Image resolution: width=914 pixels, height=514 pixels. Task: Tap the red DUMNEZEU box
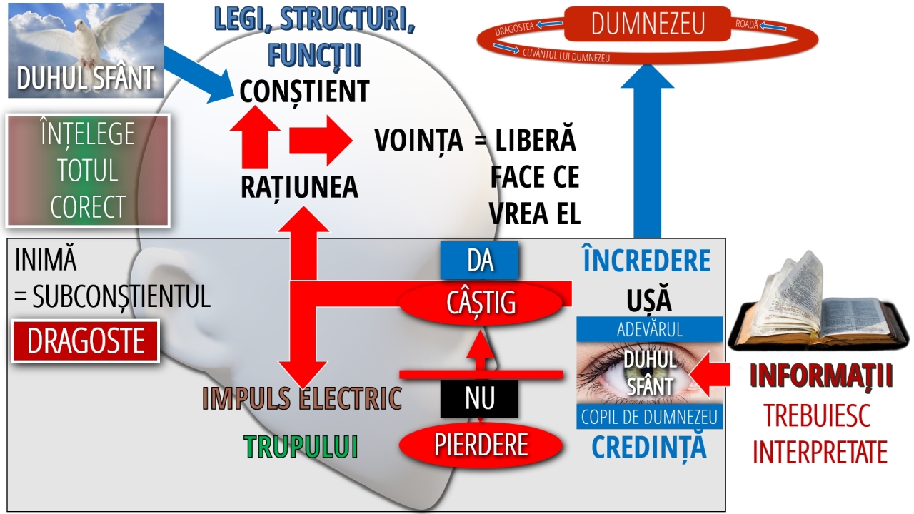(647, 24)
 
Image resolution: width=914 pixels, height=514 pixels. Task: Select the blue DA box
(480, 261)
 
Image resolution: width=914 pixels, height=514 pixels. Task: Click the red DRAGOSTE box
(86, 341)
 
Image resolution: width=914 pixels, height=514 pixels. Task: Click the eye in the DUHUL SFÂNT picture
(648, 371)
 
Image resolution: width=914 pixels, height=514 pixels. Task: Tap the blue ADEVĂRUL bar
(649, 330)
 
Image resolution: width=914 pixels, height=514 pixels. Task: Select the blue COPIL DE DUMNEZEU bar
(649, 417)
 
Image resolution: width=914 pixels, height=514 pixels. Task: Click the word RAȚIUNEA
(299, 187)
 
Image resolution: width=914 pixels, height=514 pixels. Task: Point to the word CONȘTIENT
(304, 91)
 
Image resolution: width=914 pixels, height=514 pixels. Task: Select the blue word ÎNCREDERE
(647, 261)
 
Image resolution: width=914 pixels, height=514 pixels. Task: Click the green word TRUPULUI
(301, 446)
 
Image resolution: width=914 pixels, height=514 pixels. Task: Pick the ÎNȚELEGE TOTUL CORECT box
(87, 171)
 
